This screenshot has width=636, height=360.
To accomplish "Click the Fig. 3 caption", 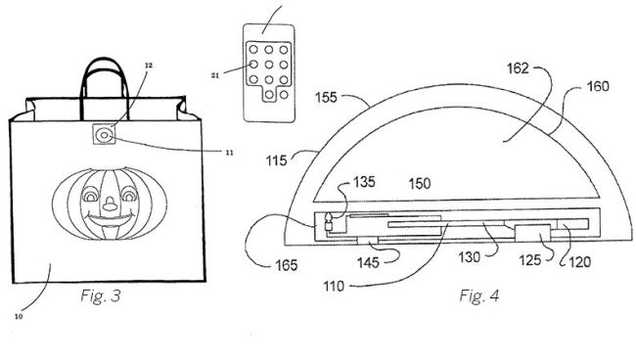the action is coord(101,295).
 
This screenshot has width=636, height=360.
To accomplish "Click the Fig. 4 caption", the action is coord(479,295).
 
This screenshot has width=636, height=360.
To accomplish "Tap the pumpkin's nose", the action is coord(110,203).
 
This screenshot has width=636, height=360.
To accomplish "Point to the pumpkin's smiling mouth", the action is coord(111,220).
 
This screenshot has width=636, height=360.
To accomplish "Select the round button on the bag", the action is coord(105,135).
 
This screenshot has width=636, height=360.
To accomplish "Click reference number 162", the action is coord(518,68).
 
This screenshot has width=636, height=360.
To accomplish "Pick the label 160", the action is coord(598,86).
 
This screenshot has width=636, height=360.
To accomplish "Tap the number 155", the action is coord(326,97).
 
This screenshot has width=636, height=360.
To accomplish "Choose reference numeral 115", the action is coord(276,160).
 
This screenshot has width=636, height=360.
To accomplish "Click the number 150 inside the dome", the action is coord(420,184).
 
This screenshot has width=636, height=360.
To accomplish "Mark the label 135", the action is coord(364,182).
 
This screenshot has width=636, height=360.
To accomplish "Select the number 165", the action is coord(287,265).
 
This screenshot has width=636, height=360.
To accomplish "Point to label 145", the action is coord(368,263).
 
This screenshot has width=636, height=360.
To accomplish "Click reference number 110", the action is coord(334,287).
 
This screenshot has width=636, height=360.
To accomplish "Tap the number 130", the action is coord(470,257).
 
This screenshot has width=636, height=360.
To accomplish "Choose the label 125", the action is coord(530,260).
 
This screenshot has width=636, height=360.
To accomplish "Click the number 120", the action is coord(580,262).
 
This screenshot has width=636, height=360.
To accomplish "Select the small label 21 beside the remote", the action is coord(215,75).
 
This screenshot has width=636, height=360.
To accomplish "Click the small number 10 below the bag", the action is coord(19,317).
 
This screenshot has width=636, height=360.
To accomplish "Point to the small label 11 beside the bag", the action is coord(230,153).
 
